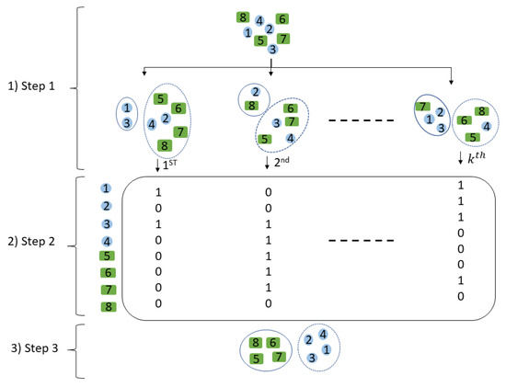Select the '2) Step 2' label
[x=34, y=242]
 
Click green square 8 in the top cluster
[x=242, y=17]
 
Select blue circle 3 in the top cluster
[x=272, y=50]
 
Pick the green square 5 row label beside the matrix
[x=107, y=256]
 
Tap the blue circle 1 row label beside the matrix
[x=107, y=188]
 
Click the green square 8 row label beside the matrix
[x=107, y=306]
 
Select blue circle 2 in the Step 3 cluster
[x=309, y=339]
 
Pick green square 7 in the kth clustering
[x=422, y=107]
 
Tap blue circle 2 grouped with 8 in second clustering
[x=254, y=91]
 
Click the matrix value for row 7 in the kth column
[x=459, y=281]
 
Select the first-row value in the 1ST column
[x=158, y=193]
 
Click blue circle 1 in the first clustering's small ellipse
[x=127, y=108]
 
